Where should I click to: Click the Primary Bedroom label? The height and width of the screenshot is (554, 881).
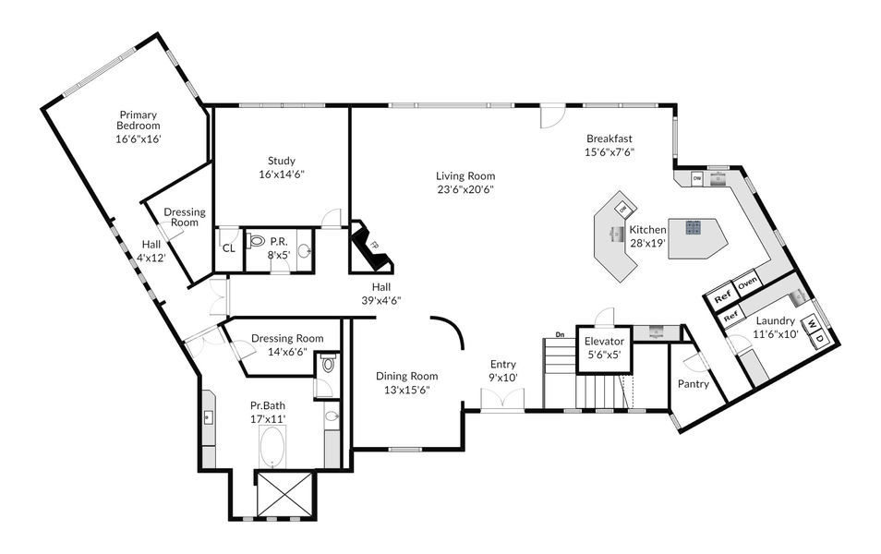(x=139, y=120)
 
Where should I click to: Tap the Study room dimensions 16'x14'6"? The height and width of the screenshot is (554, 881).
(x=282, y=175)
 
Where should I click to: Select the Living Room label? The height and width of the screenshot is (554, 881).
(x=465, y=175)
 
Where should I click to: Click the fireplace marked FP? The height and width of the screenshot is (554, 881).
(x=371, y=246)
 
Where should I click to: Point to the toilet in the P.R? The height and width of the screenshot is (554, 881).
(x=256, y=241)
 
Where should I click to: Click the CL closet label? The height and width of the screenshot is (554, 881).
(x=229, y=248)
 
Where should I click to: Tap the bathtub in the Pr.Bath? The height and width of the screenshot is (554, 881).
(x=272, y=446)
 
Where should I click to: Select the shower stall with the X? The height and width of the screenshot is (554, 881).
(x=284, y=493)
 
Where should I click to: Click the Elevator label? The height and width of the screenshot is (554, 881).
(x=604, y=341)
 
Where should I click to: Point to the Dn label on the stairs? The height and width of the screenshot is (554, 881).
(x=560, y=334)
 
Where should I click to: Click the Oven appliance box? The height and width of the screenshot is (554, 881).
(x=748, y=283)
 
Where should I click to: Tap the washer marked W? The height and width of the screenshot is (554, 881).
(x=812, y=324)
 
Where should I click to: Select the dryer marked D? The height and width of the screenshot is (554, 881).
(x=819, y=339)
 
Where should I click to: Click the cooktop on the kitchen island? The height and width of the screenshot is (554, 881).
(x=693, y=227)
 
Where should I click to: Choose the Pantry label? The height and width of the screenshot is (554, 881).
(x=694, y=384)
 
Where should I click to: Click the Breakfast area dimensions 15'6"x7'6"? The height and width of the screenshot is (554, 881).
(x=609, y=151)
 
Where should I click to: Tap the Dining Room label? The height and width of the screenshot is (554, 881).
(x=406, y=376)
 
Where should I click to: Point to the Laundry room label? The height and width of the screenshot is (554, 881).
(x=776, y=321)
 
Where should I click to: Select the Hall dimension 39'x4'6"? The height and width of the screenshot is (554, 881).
(x=381, y=301)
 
